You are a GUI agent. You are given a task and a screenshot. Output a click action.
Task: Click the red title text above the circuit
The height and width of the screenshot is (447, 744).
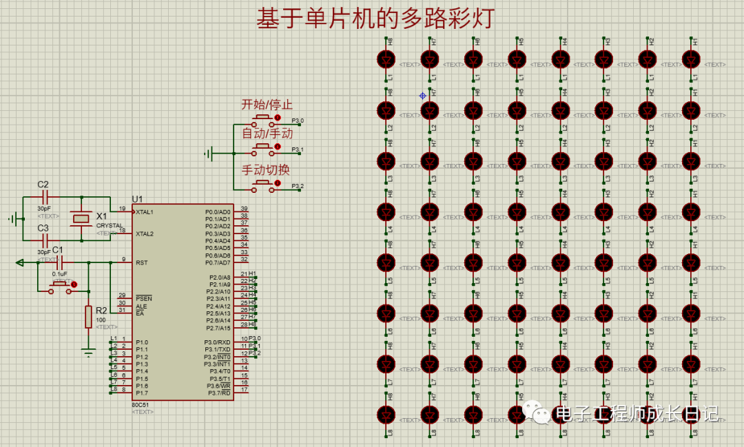[375, 19]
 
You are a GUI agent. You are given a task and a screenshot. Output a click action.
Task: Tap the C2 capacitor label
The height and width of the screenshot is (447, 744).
[43, 185]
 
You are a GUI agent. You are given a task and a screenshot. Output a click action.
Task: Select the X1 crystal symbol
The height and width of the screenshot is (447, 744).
[81, 218]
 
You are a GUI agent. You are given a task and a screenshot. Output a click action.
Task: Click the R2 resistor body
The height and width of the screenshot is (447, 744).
[88, 317]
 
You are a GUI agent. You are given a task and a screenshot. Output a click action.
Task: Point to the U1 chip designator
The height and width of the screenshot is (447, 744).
[137, 199]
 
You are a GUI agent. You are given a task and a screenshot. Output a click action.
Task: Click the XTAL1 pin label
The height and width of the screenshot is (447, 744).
[145, 212]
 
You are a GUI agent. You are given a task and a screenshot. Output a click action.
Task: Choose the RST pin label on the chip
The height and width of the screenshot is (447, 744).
[141, 262]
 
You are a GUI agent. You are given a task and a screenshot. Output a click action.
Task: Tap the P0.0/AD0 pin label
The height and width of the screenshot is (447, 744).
[218, 211]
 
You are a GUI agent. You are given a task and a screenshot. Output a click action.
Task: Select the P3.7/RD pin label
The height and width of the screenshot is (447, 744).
[218, 393]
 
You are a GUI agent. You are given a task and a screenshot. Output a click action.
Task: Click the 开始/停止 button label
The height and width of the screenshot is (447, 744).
[267, 105]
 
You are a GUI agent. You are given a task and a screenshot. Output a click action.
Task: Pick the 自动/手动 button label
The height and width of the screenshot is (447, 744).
[267, 134]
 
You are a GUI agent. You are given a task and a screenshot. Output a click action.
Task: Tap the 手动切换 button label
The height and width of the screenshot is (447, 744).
[265, 169]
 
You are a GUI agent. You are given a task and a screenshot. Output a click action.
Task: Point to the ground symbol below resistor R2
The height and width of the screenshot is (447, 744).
[88, 353]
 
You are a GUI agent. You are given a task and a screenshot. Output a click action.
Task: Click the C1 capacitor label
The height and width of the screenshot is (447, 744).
[58, 249]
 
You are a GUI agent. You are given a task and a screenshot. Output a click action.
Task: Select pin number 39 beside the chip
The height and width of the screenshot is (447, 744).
[244, 209]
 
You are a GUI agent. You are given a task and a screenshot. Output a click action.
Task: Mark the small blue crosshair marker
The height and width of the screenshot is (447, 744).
[423, 96]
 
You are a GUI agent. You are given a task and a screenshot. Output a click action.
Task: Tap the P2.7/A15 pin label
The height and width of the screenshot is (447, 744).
[218, 328]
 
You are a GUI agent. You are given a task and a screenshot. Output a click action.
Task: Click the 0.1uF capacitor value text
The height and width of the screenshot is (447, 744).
[60, 273]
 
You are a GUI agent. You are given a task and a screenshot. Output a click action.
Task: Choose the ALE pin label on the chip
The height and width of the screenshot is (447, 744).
[141, 306]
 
